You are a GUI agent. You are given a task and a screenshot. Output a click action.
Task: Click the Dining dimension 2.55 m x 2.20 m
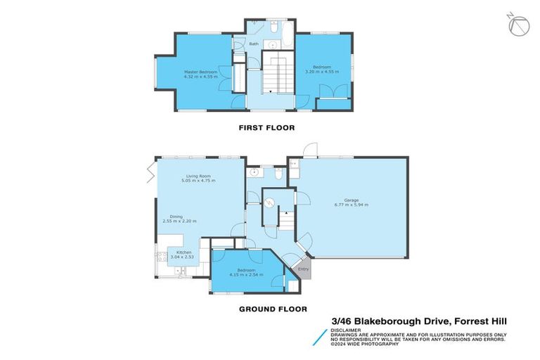pos(179,221)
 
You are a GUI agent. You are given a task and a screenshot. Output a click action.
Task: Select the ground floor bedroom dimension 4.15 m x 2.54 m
pos(245,274)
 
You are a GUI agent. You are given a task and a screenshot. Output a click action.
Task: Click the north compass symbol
pos(520,25)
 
